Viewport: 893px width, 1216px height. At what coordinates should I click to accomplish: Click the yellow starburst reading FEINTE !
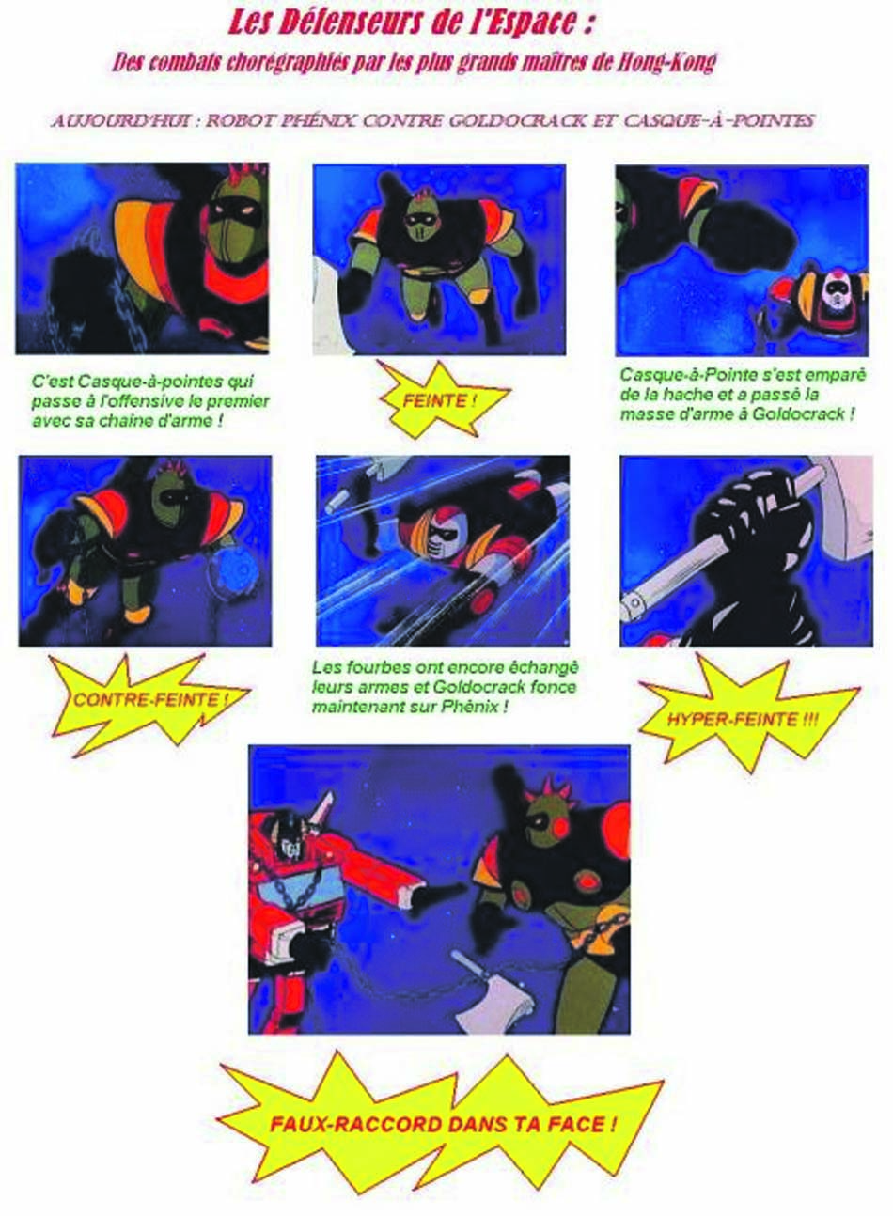click(x=442, y=401)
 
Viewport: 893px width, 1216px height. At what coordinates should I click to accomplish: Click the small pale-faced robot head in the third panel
click(x=836, y=290)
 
